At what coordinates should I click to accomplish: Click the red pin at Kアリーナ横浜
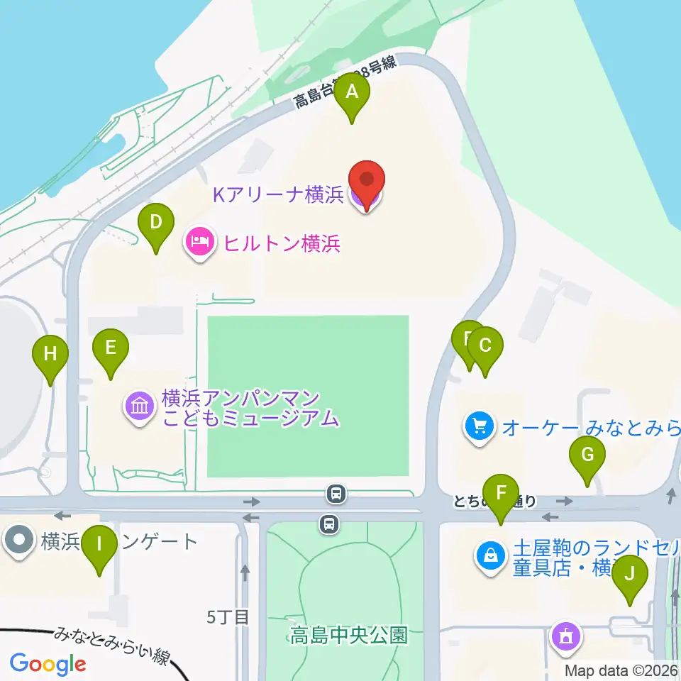coord(366,183)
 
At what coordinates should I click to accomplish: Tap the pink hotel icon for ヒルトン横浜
coord(200,243)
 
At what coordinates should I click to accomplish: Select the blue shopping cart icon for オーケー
coord(480,427)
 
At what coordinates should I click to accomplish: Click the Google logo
coord(48,664)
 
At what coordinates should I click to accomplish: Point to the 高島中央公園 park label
coord(348,634)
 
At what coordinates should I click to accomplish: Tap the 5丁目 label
coord(228,617)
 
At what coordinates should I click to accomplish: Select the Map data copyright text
coord(621,670)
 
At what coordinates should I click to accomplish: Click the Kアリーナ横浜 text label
coord(278,195)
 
